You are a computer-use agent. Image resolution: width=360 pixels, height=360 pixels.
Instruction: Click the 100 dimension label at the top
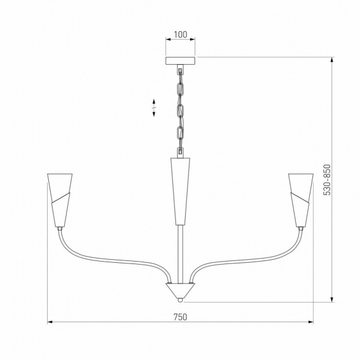[x=180, y=34]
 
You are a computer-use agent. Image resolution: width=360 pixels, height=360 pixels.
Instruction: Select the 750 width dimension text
[x=180, y=317]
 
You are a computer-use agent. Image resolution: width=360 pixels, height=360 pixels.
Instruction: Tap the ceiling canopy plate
[x=180, y=61]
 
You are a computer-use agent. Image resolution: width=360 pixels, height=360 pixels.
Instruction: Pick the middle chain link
[x=180, y=111]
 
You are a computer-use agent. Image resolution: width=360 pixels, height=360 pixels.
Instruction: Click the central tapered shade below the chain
[x=180, y=189]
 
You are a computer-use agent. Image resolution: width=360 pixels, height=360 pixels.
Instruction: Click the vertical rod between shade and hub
[x=180, y=254]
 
